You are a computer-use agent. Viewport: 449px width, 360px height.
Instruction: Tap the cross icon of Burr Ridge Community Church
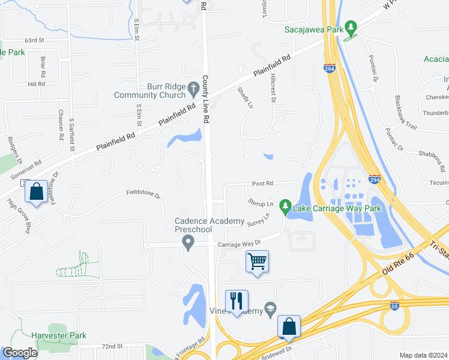[193, 90]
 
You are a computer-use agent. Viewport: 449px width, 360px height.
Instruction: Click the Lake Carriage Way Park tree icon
[286, 208]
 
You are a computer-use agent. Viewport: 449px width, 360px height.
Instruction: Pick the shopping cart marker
[257, 261]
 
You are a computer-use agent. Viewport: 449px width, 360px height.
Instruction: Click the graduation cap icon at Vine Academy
[270, 310]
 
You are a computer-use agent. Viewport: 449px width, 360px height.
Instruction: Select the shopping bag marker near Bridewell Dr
[289, 327]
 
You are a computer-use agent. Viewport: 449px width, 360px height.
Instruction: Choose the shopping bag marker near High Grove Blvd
[36, 193]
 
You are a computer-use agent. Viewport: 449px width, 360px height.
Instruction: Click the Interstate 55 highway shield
[394, 305]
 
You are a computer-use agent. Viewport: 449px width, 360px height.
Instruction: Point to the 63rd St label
[35, 40]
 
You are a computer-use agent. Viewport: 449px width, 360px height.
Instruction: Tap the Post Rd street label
[262, 183]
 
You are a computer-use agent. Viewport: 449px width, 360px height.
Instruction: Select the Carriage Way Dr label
[240, 243]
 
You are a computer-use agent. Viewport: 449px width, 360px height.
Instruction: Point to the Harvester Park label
[60, 336]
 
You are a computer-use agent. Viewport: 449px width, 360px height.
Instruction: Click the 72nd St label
[112, 347]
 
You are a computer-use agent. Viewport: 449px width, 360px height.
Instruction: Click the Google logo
[20, 353]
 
